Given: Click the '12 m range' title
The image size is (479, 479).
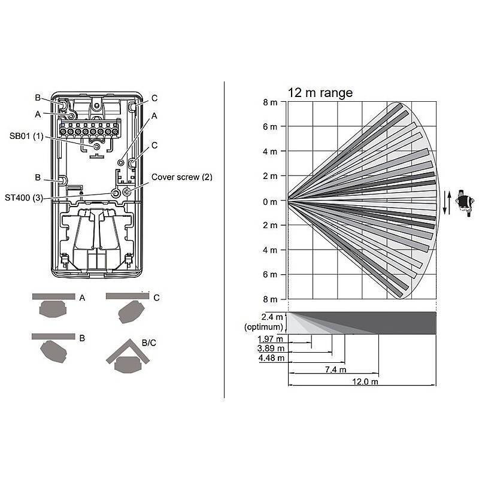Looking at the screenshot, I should [320, 93].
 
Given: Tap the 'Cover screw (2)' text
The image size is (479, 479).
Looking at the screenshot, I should [181, 177].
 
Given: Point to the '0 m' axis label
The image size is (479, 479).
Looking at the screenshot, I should [269, 201].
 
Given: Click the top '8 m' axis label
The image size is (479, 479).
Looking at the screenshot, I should [269, 102].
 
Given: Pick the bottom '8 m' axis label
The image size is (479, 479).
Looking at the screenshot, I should [269, 299].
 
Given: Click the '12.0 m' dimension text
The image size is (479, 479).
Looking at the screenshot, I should [365, 382].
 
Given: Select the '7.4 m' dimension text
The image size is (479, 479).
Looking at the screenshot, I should [335, 370].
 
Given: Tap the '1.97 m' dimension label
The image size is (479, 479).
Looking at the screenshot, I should [271, 339].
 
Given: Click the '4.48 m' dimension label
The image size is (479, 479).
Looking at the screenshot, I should [271, 359].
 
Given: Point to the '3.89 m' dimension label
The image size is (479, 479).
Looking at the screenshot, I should [271, 348].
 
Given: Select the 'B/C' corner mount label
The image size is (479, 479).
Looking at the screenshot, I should [149, 343].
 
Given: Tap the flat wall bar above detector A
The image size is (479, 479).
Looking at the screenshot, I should [53, 296].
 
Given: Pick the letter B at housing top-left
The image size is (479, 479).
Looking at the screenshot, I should [37, 98].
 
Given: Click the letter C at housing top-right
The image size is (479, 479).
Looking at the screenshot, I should [154, 98].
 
